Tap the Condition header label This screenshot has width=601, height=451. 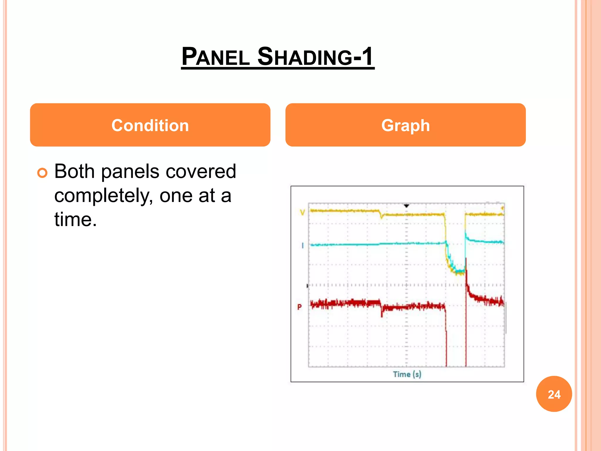point(150,125)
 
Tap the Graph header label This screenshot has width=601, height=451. point(405,125)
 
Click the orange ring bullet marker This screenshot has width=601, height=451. point(43,173)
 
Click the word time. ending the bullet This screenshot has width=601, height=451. point(75,220)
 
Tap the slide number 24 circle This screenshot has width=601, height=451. point(554,394)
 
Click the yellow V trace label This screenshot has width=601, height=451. point(302,212)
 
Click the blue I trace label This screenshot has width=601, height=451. point(303,245)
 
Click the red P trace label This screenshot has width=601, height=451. point(299,307)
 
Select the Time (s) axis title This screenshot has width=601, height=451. point(407,374)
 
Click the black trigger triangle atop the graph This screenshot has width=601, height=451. point(406,206)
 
